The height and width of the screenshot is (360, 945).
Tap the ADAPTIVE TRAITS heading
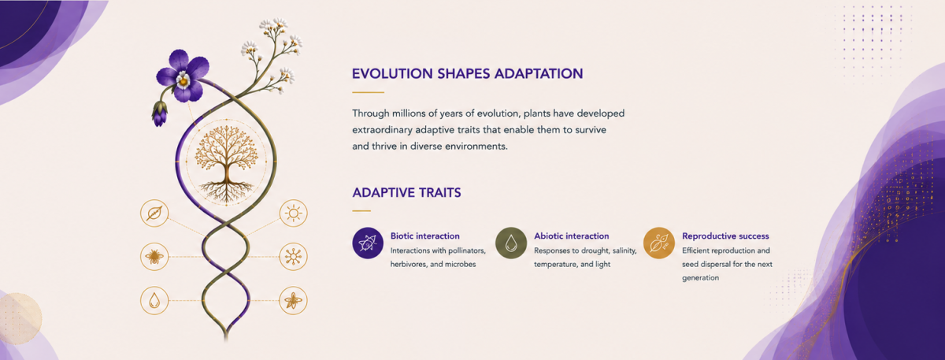(x=406, y=193)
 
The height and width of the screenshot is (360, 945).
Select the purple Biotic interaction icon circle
(x=368, y=243)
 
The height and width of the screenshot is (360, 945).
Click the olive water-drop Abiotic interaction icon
(x=511, y=243)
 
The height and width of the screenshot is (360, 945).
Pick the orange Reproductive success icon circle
(x=659, y=243)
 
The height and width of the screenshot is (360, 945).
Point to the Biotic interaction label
(x=424, y=236)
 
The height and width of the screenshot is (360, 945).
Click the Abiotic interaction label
(x=572, y=236)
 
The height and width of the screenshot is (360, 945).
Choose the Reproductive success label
(x=725, y=236)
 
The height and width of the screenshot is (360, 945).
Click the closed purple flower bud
(x=159, y=113)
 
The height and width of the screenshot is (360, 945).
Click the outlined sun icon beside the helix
(x=293, y=213)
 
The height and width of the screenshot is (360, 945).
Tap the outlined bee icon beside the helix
(x=154, y=257)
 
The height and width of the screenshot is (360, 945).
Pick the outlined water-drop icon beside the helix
(x=154, y=300)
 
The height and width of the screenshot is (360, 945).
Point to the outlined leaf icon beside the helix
(x=154, y=213)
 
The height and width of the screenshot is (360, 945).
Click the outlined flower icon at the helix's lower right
(x=293, y=300)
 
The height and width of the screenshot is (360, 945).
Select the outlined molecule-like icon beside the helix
(x=293, y=257)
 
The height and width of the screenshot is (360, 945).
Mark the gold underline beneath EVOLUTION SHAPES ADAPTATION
(x=369, y=92)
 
